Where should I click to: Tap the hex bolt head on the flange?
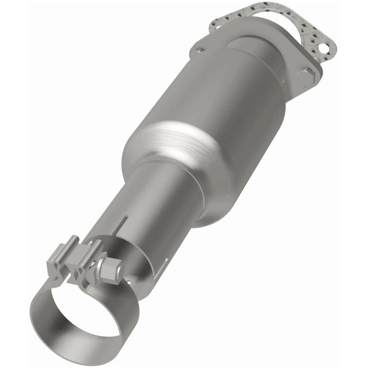pyautogui.click(x=306, y=77)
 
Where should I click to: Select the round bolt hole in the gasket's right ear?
pyautogui.click(x=322, y=49)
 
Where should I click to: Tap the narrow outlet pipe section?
pyautogui.click(x=153, y=204)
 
